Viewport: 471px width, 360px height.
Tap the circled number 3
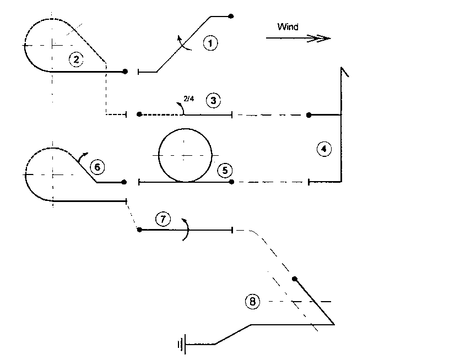[x=213, y=101]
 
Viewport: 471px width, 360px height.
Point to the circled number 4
[x=325, y=149]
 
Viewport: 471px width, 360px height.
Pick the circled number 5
[x=224, y=171]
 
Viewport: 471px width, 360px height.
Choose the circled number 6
[x=97, y=166]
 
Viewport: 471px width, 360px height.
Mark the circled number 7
[x=163, y=219]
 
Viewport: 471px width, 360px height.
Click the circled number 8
[x=252, y=301]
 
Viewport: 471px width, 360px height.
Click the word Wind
[x=288, y=26]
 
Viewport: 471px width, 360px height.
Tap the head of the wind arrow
[x=322, y=38]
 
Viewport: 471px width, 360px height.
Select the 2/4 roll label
[x=188, y=99]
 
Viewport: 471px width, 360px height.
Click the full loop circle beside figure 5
[x=185, y=155]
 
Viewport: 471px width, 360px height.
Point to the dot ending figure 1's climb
[x=231, y=16]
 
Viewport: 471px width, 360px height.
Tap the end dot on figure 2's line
[x=126, y=72]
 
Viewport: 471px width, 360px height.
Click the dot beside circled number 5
[x=232, y=182]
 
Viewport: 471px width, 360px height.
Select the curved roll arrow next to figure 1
[x=184, y=43]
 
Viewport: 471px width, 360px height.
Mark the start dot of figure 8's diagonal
[x=295, y=279]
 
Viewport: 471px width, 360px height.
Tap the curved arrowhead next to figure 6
[x=82, y=157]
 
